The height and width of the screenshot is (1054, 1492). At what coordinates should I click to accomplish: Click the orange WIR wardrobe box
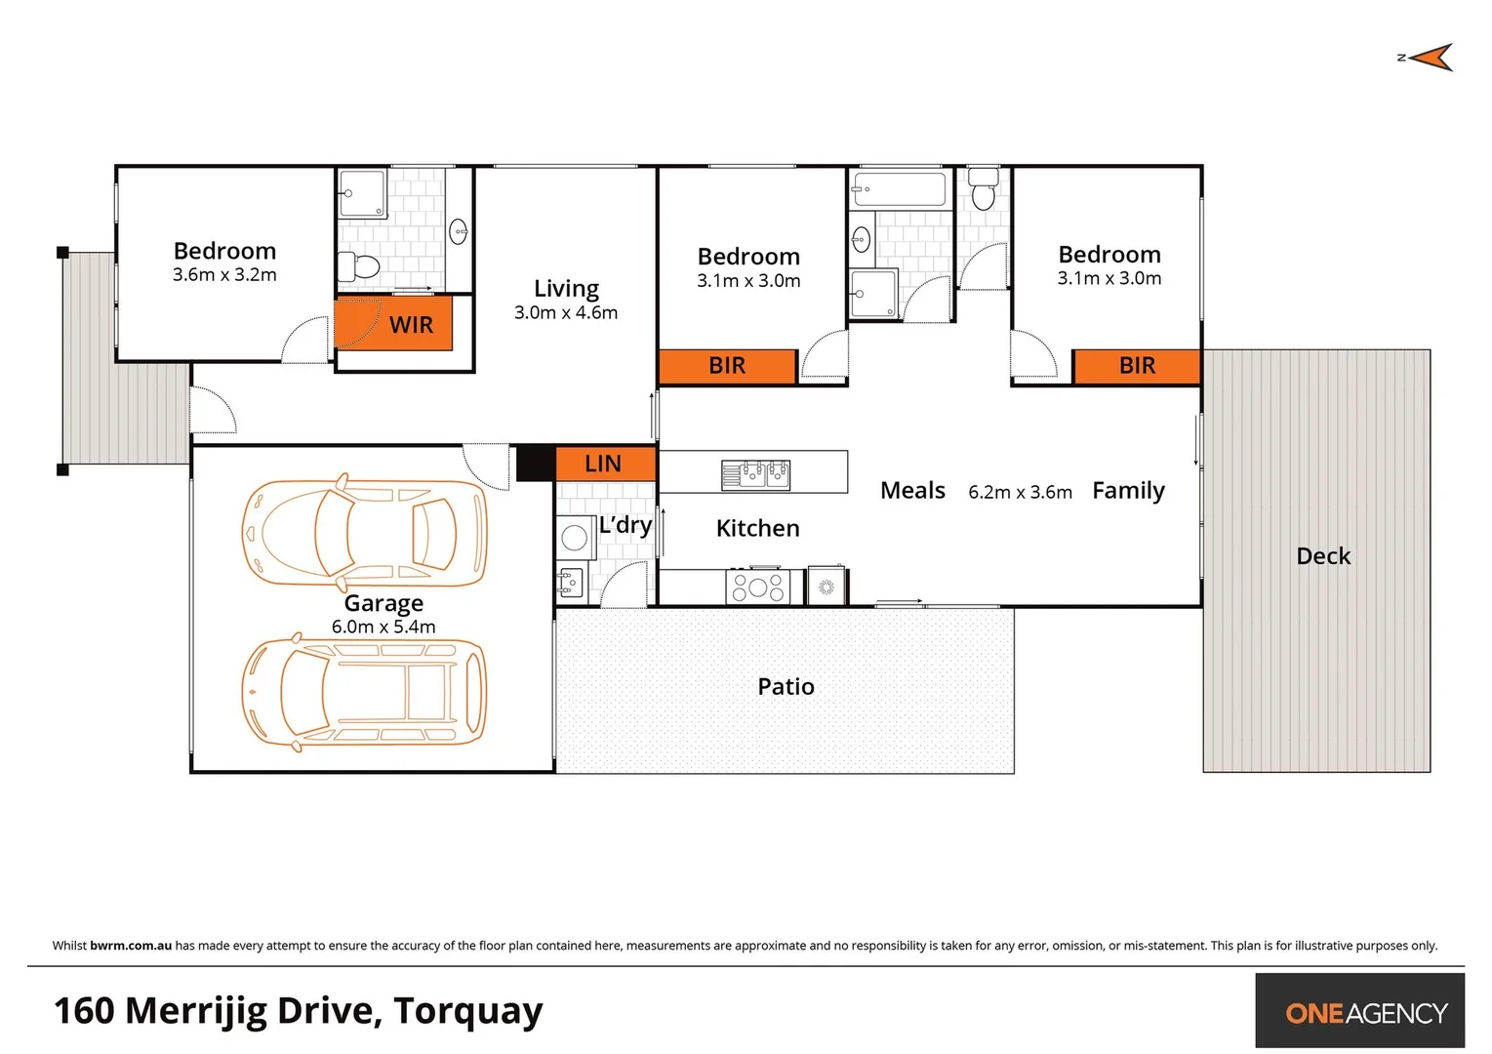(394, 325)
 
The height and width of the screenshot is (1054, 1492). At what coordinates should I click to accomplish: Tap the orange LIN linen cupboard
(604, 464)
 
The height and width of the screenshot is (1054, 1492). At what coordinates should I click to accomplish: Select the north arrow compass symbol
(1429, 58)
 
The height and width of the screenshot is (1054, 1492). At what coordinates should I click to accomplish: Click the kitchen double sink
(755, 475)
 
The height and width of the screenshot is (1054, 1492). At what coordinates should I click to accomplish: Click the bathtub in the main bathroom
(899, 189)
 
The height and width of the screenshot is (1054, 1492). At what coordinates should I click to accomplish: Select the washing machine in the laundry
(575, 537)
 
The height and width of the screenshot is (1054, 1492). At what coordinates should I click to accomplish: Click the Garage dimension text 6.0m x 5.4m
(383, 627)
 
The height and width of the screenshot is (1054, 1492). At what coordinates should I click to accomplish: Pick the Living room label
(566, 289)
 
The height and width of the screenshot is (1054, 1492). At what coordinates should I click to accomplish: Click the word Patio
(786, 687)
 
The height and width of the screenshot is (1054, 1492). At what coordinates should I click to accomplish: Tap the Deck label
(1323, 556)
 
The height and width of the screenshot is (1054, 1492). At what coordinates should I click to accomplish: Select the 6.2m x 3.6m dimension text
(1020, 493)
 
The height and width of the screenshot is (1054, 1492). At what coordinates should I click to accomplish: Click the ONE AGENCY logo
(1365, 1013)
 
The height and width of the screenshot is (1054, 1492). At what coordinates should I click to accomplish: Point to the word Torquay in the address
(467, 1012)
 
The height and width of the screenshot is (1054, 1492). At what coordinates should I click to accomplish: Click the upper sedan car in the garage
(364, 533)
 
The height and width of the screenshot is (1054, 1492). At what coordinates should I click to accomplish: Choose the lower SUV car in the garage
(364, 693)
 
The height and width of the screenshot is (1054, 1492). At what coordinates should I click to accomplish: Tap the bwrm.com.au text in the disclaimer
(131, 946)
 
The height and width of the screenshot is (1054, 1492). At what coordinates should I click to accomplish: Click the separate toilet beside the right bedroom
(983, 191)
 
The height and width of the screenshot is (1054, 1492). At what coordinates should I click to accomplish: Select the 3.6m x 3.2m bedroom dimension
(224, 275)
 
